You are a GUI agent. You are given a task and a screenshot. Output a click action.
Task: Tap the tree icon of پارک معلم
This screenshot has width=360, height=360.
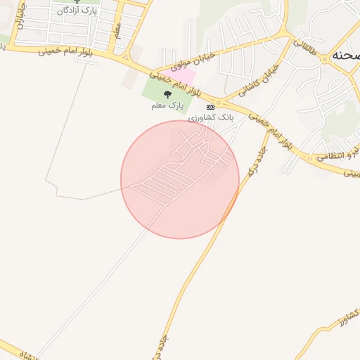pos(167,94)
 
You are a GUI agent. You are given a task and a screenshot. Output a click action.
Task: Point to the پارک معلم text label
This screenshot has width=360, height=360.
pos(167,105)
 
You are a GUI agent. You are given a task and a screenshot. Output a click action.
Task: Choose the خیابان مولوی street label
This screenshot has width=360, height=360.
pos(187,60)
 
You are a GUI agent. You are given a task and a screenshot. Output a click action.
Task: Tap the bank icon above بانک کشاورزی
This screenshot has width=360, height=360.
pos(210,105)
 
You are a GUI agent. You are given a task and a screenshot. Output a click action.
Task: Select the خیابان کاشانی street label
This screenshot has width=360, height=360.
pos(259,79)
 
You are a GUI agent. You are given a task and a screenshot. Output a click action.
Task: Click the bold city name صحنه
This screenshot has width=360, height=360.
pos(347,56)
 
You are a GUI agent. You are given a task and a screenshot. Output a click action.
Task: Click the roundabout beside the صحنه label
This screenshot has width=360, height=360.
pos(324,60)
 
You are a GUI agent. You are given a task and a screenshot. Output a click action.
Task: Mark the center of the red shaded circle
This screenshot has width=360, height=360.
pos(180,180)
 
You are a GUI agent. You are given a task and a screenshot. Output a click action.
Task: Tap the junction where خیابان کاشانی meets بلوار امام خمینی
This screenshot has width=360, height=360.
pos(219,101)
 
